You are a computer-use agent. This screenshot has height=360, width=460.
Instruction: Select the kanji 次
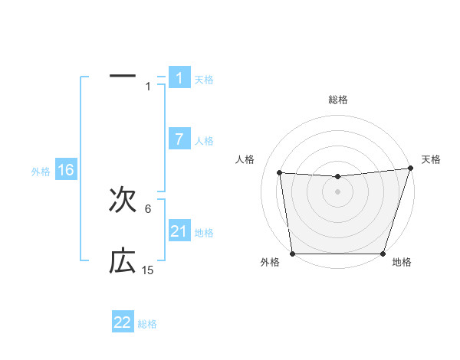[x=123, y=201]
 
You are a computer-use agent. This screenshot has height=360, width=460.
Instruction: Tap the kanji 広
[x=123, y=262]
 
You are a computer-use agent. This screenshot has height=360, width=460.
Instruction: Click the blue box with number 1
[x=179, y=78]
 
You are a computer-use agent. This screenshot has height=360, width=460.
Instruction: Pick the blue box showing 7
[x=179, y=139]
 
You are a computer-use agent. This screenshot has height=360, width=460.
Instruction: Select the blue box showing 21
[x=179, y=231]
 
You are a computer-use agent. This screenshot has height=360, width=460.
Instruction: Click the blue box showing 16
[x=65, y=170]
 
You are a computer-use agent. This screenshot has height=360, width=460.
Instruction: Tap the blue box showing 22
[x=123, y=322]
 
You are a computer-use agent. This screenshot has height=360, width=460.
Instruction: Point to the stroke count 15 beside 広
[x=148, y=270]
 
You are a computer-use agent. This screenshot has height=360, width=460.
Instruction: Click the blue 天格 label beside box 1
[x=204, y=80]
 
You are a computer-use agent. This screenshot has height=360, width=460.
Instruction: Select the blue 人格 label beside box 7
[x=204, y=141]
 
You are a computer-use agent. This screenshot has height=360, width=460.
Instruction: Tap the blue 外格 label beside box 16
[x=41, y=172]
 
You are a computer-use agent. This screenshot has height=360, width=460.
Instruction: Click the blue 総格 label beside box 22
[x=147, y=324]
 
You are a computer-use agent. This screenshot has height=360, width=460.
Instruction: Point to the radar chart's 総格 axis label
[x=337, y=100]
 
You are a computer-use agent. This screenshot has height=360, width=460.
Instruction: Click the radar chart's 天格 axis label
[x=431, y=159]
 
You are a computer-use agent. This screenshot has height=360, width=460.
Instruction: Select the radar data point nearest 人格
[x=280, y=173]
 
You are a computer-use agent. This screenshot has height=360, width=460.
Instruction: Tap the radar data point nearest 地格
[x=383, y=254]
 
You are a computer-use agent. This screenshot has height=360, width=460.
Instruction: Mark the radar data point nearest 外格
[x=293, y=254]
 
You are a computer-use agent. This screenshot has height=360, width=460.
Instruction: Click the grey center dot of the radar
[x=337, y=191]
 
